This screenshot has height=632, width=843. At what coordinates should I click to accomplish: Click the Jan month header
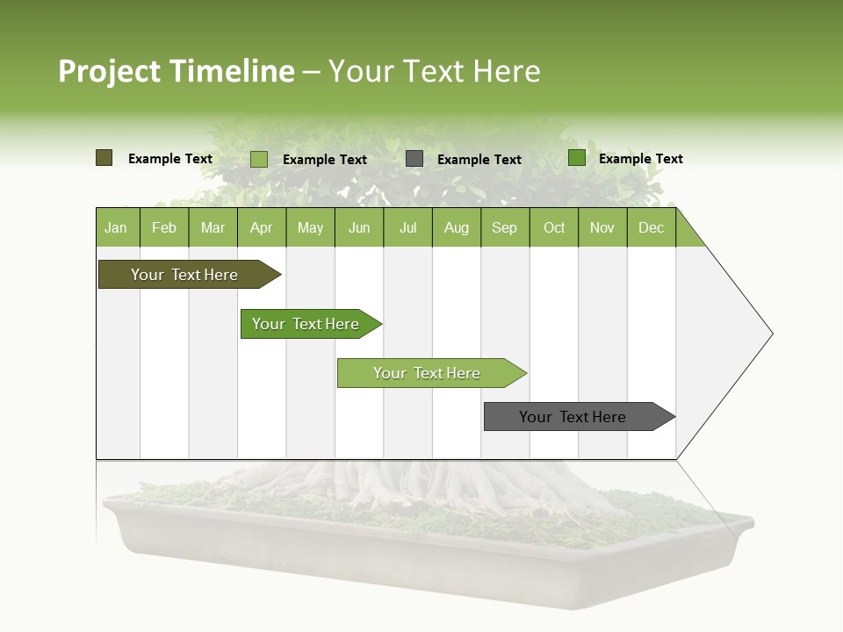point(116,228)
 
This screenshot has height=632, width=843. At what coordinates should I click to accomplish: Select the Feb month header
point(164,228)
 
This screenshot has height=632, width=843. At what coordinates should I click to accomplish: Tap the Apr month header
point(261,228)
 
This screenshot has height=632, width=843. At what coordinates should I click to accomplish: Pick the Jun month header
point(359,228)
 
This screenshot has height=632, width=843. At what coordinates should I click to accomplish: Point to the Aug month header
point(456,228)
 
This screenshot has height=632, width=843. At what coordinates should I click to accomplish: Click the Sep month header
point(504,228)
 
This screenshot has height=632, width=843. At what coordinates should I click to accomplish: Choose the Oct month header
point(554,228)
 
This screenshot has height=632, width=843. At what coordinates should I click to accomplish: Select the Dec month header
point(651,228)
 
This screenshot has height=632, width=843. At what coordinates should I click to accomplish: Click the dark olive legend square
point(104,158)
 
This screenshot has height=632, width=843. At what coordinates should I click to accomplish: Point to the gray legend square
point(414,159)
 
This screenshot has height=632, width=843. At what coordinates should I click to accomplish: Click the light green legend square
point(259,159)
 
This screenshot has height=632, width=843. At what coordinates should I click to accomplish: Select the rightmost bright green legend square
point(577,158)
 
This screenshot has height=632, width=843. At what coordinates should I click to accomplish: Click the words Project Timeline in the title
point(176,71)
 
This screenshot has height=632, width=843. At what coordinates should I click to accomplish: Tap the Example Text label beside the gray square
point(479,160)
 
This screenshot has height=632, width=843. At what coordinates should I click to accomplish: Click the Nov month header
point(602,228)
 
